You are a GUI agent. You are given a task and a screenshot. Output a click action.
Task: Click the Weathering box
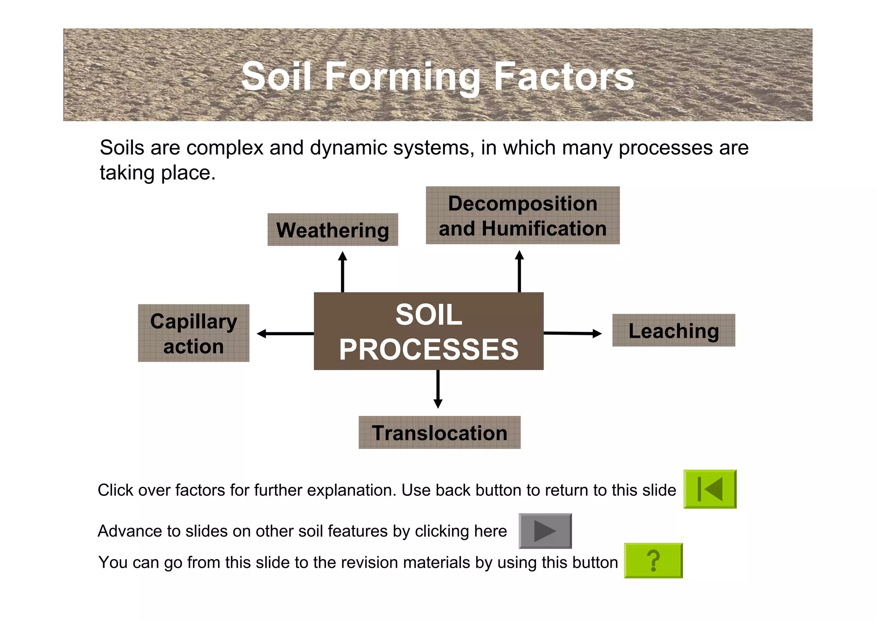click(333, 230)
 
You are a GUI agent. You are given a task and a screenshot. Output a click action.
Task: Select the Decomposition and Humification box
click(522, 216)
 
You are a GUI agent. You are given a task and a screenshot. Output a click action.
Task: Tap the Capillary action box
click(193, 333)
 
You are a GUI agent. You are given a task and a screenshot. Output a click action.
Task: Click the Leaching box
click(674, 331)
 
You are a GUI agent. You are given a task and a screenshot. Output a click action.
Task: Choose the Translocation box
click(439, 432)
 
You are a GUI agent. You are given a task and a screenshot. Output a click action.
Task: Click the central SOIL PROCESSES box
click(429, 331)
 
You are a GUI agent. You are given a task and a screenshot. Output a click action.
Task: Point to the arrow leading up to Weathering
click(343, 271)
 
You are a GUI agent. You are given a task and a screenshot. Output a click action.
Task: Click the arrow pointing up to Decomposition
click(519, 271)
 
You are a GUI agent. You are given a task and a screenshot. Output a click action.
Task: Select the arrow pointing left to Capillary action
click(285, 334)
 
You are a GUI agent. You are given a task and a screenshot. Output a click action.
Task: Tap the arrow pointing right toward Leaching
click(572, 333)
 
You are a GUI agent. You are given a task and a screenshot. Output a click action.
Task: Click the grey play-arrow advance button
click(545, 531)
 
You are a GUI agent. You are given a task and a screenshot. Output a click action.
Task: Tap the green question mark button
click(653, 560)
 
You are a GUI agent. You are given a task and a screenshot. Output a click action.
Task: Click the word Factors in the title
click(564, 77)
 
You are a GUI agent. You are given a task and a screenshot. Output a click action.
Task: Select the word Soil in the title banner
click(276, 77)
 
